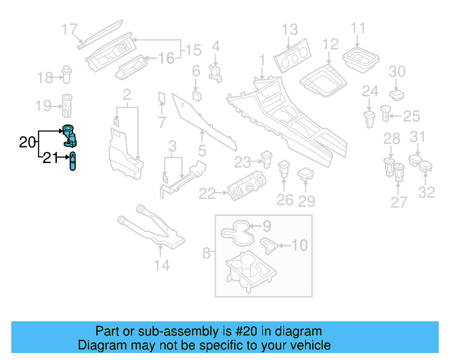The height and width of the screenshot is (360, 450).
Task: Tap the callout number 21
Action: click(48, 158)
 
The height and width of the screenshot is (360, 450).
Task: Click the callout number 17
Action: click(68, 30)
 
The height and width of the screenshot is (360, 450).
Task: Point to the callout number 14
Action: click(162, 265)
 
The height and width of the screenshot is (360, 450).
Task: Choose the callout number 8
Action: click(206, 251)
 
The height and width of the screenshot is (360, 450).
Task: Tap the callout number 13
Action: click(290, 30)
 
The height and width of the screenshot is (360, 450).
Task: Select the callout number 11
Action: click(358, 28)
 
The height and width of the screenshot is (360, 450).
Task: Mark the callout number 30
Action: click(397, 71)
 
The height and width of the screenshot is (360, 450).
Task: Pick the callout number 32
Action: click(427, 193)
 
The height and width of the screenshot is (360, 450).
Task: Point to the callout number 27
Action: click(399, 202)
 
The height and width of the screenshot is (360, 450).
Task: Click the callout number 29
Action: click(306, 201)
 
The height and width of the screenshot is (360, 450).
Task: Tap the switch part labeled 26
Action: click(285, 169)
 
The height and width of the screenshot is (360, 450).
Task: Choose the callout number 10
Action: click(300, 245)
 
